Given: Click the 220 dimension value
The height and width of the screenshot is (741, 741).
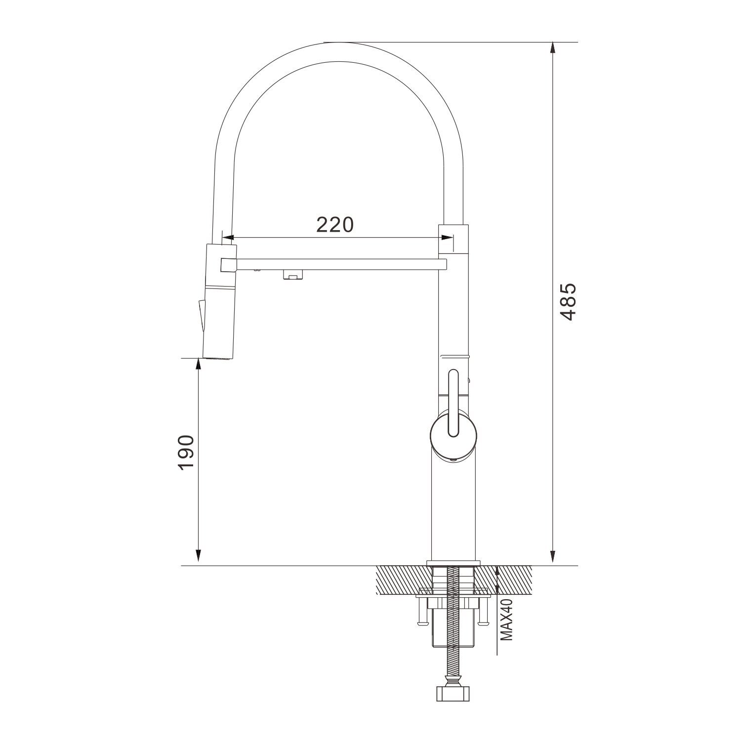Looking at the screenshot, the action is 335,225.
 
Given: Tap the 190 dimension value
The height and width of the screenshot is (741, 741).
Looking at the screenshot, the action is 186,453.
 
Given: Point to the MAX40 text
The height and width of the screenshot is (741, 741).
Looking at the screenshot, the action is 507,618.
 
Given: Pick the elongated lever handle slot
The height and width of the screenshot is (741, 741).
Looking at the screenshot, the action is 453,403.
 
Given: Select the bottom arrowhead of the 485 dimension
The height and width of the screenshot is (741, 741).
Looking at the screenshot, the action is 552,557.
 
